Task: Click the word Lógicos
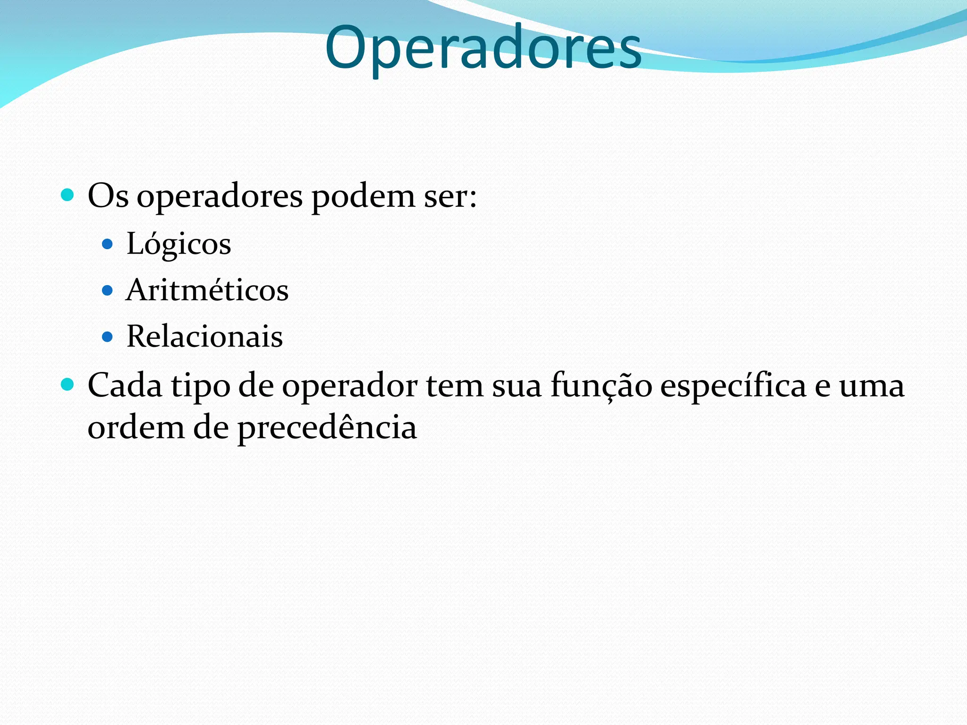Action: [x=178, y=244]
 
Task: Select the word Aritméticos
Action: [x=207, y=290]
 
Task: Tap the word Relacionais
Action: [x=204, y=337]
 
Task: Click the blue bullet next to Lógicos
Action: [x=108, y=244]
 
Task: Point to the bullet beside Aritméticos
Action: [x=108, y=290]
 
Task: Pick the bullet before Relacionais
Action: [x=108, y=337]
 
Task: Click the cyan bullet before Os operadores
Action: [x=68, y=194]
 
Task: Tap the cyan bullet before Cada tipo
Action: [x=68, y=385]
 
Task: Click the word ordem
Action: [x=136, y=428]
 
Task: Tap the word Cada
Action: [x=125, y=385]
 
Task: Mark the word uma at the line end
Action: [x=871, y=386]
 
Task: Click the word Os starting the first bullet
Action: [x=108, y=195]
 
